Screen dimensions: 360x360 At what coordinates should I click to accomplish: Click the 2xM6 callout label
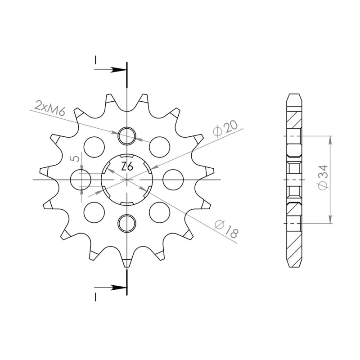point(50,108)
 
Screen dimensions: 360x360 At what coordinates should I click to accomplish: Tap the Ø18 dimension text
point(226,229)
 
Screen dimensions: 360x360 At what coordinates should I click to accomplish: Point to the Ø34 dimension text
point(323,177)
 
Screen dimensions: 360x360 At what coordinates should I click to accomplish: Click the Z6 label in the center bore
point(127,166)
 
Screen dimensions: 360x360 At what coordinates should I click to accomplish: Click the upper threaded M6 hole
point(127,136)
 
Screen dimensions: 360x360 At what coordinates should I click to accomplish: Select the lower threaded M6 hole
point(127,223)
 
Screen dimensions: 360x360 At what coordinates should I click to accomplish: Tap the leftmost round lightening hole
point(81,180)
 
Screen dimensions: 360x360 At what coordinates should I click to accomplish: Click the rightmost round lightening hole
point(173,180)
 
